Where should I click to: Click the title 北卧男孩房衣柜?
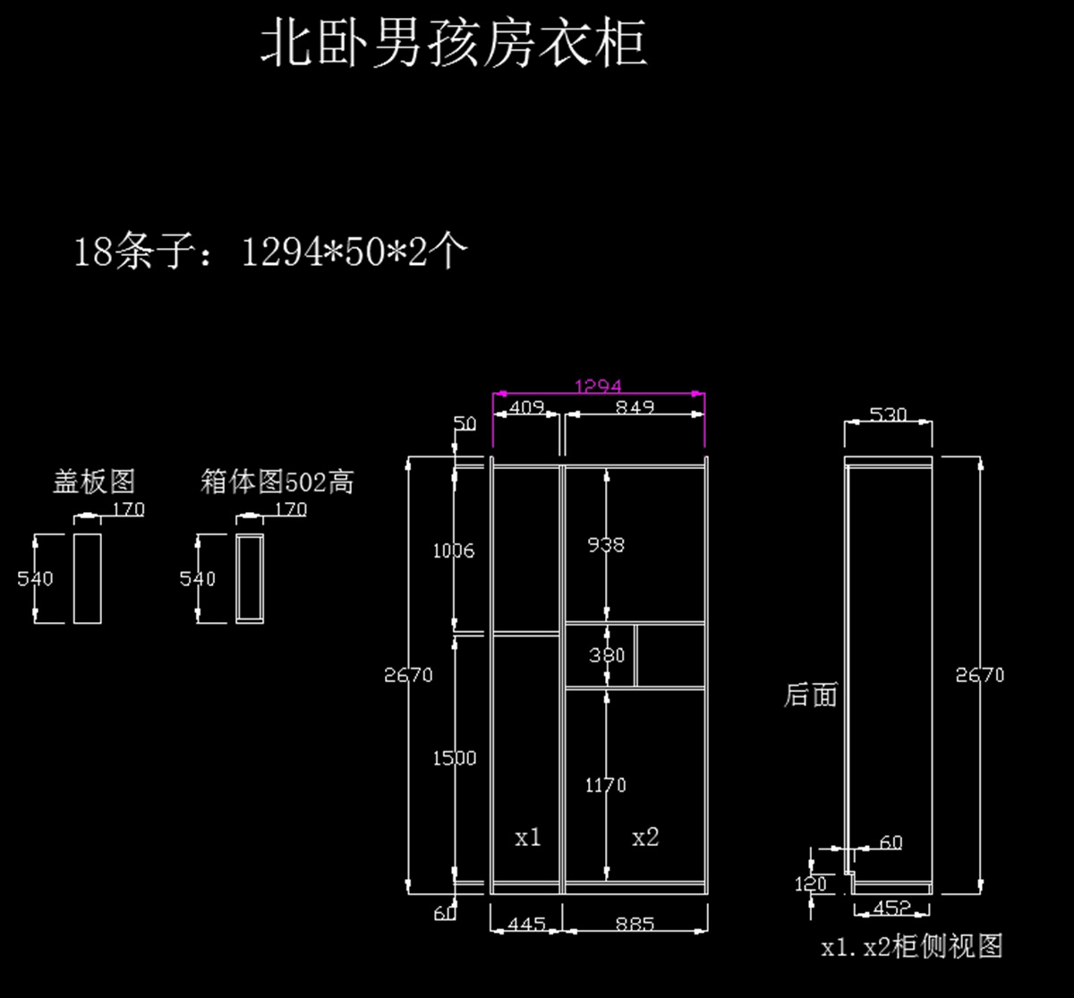pos(454,43)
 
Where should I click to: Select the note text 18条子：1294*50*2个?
pos(270,252)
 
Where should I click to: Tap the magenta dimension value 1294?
pos(598,386)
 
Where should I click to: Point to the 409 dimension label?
pos(526,408)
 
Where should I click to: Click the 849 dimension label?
pos(635,407)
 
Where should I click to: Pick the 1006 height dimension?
pos(454,550)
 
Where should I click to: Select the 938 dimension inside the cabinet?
pos(606,544)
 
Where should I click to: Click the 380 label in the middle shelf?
pos(607,655)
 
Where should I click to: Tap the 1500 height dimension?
pos(455,758)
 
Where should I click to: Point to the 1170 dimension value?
pos(606,785)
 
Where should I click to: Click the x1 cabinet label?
pos(528,838)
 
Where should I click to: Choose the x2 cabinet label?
pos(645,838)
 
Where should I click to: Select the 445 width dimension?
pos(526,924)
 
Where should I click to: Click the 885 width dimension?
pos(635,924)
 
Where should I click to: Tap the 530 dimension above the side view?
pos(889,415)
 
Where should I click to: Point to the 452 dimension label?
pos(891,908)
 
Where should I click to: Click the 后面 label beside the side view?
pos(811,695)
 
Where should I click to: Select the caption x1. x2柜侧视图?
pos(912,946)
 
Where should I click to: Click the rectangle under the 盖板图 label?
pos(87,578)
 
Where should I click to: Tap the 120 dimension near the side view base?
pos(811,884)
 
